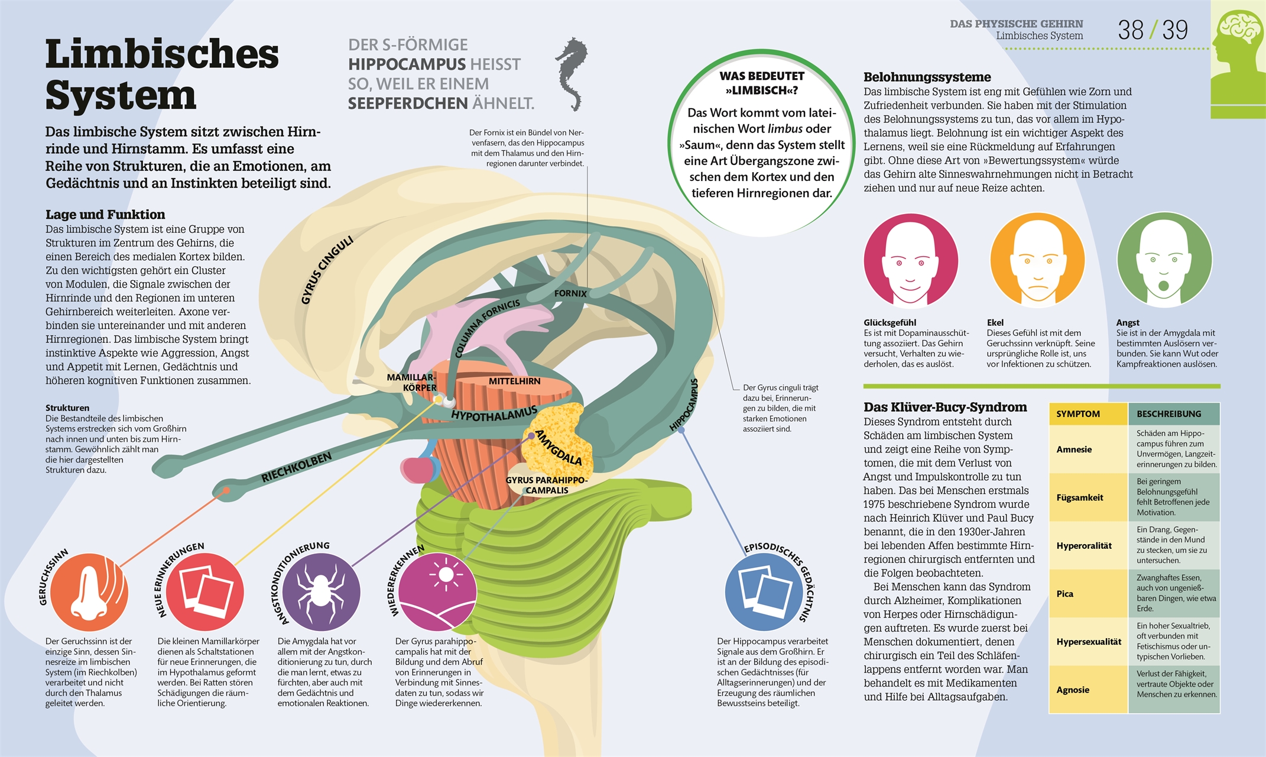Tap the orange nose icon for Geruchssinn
click(x=89, y=592)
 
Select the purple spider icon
click(x=321, y=592)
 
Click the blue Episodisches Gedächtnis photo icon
click(x=764, y=592)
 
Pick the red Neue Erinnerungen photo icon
click(x=204, y=592)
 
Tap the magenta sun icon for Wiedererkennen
click(x=437, y=592)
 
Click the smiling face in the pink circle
click(x=911, y=261)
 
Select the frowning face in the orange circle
click(x=1037, y=261)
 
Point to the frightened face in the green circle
click(x=1164, y=261)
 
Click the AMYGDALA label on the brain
click(x=559, y=447)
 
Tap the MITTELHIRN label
click(x=514, y=381)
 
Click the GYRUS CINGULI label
click(x=327, y=270)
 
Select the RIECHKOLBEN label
click(x=296, y=468)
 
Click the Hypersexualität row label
click(x=1089, y=642)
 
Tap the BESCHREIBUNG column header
click(x=1168, y=414)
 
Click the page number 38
click(x=1130, y=30)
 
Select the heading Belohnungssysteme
click(x=927, y=77)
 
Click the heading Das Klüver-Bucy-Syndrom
click(x=945, y=407)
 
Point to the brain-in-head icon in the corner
click(x=1238, y=59)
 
